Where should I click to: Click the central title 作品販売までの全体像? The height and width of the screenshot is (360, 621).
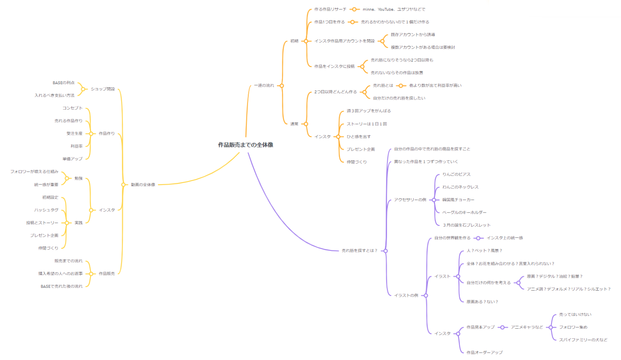[245, 145]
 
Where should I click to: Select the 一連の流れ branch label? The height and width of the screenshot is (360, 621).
[264, 86]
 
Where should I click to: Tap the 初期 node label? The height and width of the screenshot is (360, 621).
[294, 41]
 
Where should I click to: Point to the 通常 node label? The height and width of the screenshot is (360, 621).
[294, 124]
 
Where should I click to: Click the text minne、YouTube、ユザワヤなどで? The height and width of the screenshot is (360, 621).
[394, 9]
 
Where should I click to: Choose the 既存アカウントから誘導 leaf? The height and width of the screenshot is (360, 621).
[413, 35]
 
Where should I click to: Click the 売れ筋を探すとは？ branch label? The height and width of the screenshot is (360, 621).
[359, 251]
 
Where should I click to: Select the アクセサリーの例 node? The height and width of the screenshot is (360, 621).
[410, 200]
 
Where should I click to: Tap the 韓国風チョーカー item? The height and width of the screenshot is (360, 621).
[458, 200]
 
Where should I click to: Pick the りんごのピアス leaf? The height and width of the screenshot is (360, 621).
[456, 175]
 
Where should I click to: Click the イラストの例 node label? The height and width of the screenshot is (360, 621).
[406, 296]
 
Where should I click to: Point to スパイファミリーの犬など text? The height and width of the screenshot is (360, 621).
[583, 340]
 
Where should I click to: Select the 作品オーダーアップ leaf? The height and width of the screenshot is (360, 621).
[484, 353]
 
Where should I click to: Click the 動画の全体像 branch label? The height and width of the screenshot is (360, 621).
[143, 185]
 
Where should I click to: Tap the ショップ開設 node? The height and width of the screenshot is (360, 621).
[103, 89]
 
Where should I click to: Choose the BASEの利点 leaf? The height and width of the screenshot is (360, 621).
[63, 83]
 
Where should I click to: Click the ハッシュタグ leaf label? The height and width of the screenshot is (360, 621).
[46, 211]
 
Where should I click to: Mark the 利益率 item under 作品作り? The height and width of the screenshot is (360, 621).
[76, 146]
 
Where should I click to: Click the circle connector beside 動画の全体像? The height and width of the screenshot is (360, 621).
[123, 185]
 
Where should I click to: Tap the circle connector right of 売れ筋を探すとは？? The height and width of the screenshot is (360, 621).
[385, 251]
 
